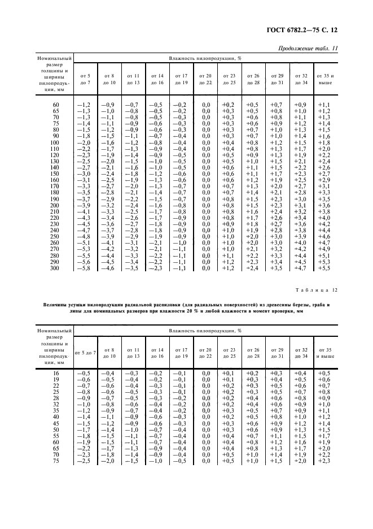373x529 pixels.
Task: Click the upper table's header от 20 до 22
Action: click(x=206, y=79)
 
